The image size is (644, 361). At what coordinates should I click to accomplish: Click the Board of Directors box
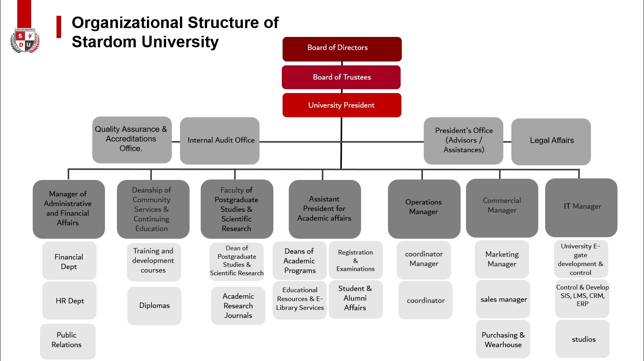(342, 49)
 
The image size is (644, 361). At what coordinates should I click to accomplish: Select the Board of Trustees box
(341, 77)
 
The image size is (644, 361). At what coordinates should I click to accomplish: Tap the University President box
(342, 105)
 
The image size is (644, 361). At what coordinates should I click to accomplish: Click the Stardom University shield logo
(25, 40)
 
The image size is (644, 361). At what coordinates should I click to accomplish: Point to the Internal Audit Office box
(220, 141)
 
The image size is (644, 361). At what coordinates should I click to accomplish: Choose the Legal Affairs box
(551, 142)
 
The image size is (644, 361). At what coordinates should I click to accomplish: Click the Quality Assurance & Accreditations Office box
(132, 140)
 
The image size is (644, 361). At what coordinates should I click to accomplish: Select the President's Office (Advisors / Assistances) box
(463, 141)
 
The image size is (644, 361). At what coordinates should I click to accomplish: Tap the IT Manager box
(581, 208)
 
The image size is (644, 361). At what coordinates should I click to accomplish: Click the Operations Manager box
(424, 209)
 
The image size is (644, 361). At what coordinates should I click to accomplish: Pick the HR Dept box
(69, 300)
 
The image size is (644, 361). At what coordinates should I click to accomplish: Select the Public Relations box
(68, 341)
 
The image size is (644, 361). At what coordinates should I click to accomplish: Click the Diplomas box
(155, 306)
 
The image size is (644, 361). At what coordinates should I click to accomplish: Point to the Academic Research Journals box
(238, 306)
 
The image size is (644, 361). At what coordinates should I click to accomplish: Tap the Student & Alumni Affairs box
(356, 299)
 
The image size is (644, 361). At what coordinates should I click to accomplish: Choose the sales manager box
(503, 299)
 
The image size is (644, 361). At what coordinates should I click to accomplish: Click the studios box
(582, 339)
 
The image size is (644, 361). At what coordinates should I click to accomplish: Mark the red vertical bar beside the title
(59, 27)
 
